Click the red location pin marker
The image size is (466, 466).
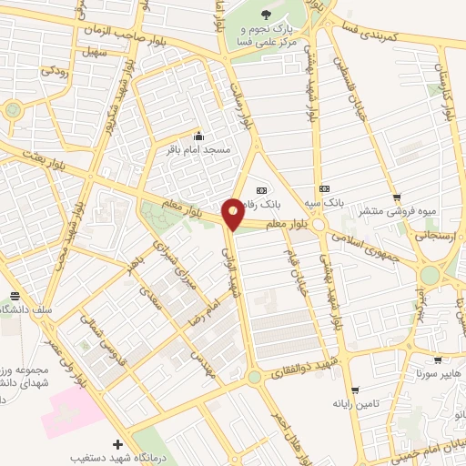233,214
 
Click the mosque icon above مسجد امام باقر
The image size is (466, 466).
198,136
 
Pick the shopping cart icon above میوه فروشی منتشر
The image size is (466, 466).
396,198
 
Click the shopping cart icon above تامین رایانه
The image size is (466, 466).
355,390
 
